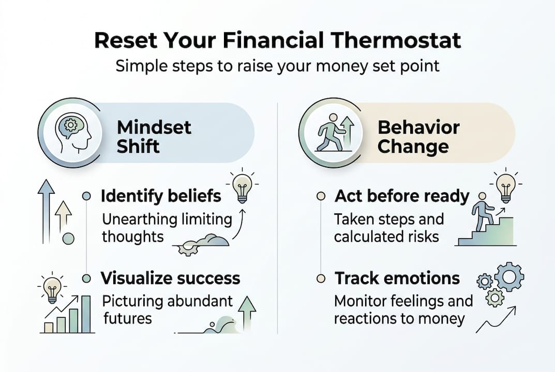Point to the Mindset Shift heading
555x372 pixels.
154,136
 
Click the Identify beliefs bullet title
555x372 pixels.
161,196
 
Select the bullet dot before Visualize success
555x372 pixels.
87,278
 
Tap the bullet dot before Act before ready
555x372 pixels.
321,196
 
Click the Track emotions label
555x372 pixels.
397,278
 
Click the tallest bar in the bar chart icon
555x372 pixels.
86,314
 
